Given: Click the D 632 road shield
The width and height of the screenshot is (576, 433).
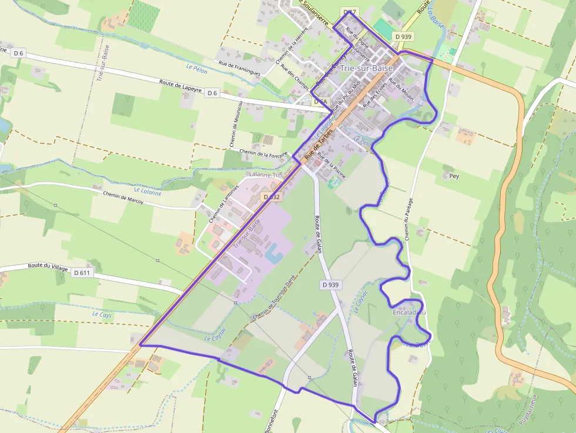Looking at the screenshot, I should [272, 197].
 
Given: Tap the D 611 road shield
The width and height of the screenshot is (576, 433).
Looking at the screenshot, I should [82, 273].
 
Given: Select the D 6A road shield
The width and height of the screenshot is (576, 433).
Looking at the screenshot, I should [320, 102].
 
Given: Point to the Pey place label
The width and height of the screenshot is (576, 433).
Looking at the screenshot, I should [453, 176].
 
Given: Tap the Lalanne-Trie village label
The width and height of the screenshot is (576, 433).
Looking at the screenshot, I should [266, 175].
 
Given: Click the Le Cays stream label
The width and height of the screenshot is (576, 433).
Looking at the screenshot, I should [102, 315].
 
